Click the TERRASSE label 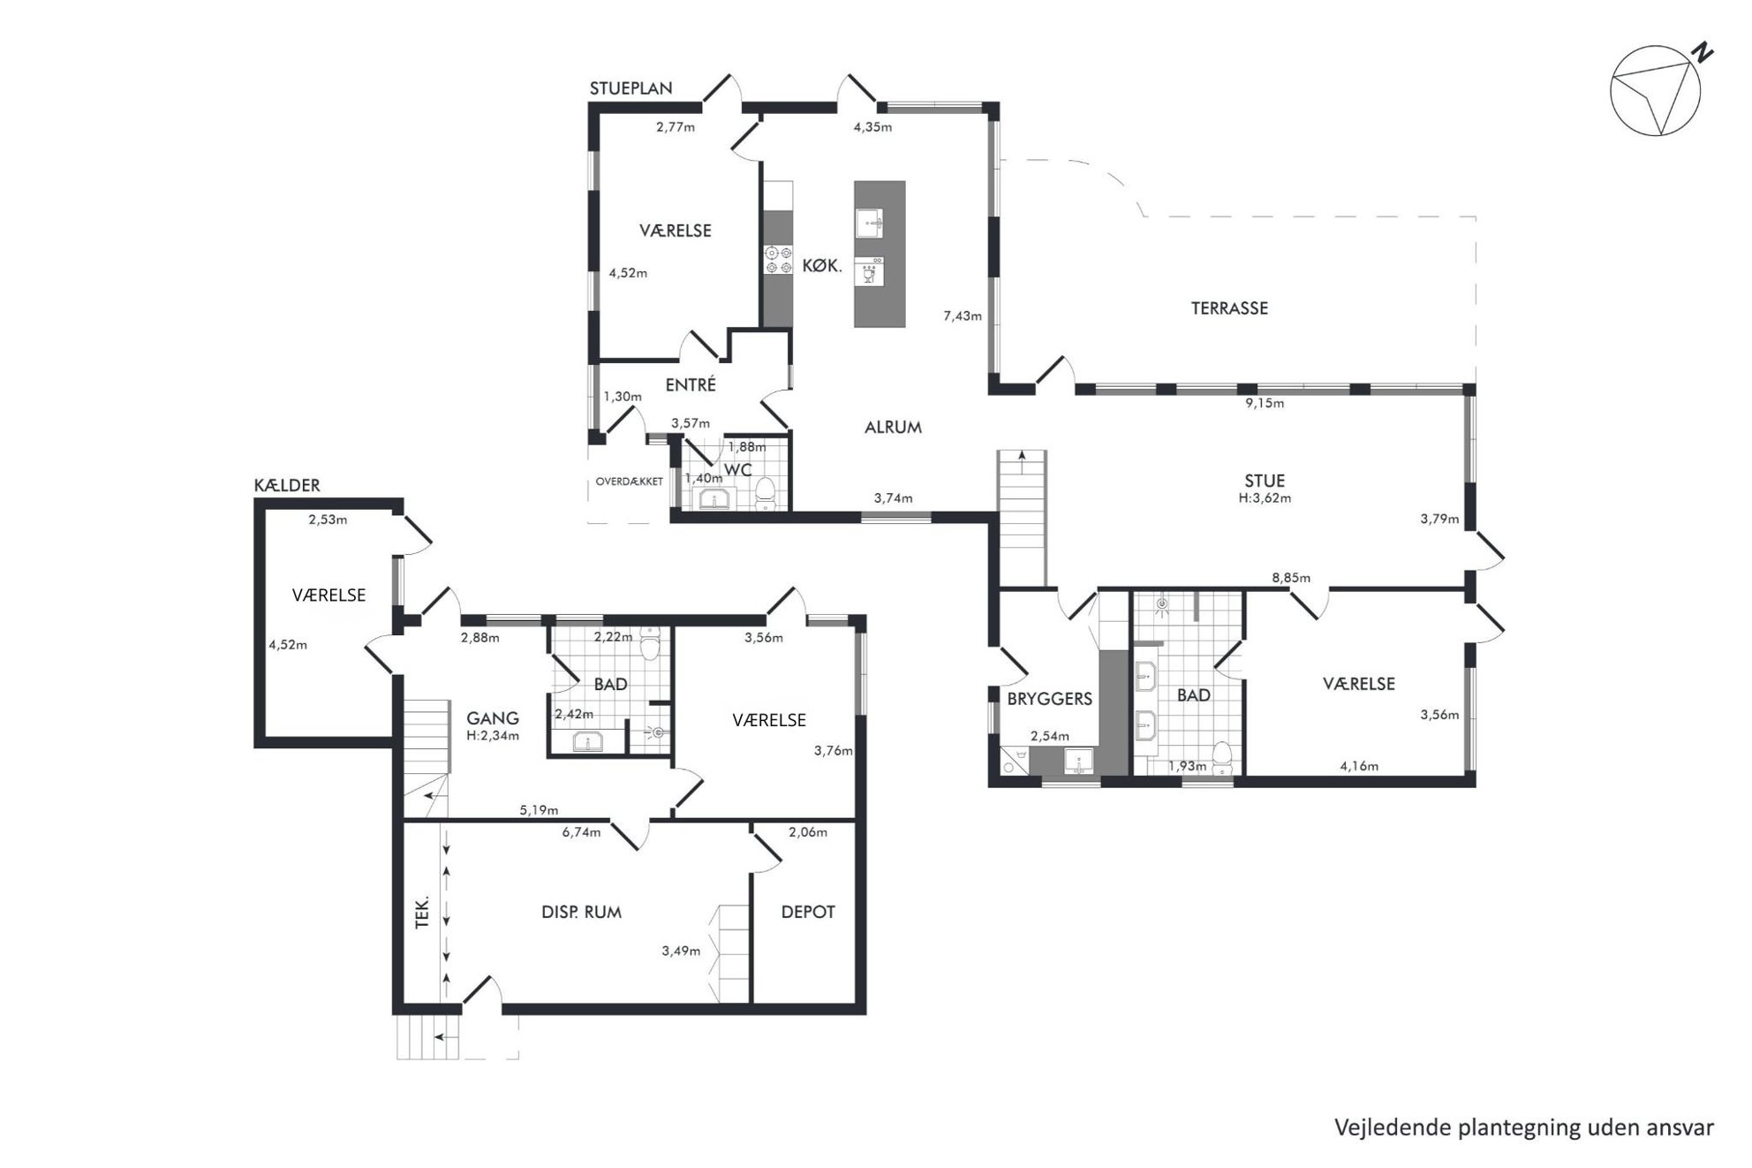[x=1229, y=308]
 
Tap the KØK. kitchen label [x=821, y=265]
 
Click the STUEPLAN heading [x=631, y=88]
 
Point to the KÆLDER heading [x=287, y=485]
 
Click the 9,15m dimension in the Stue [x=1265, y=403]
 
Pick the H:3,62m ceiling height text [x=1265, y=497]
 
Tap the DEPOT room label [x=808, y=912]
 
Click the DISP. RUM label [x=581, y=912]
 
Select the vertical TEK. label [x=422, y=912]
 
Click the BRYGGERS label [x=1050, y=699]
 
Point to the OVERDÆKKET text [x=629, y=482]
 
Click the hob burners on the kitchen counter [x=778, y=259]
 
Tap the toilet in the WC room [x=766, y=493]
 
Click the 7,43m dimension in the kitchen [x=963, y=315]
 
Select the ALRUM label [x=893, y=427]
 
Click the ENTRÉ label [x=691, y=385]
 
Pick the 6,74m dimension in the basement [x=581, y=831]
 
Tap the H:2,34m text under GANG [x=493, y=735]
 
